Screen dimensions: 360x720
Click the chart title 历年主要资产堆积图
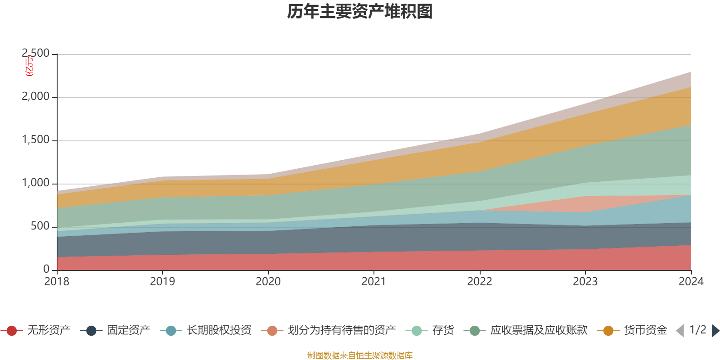click(x=360, y=12)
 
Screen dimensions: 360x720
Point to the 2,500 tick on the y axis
click(x=36, y=54)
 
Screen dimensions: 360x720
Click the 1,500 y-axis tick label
click(x=36, y=140)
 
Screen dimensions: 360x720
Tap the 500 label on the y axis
click(x=40, y=226)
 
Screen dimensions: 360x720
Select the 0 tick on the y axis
click(x=46, y=269)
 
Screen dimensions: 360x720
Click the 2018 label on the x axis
click(x=57, y=282)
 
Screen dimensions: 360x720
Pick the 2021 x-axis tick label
click(x=374, y=282)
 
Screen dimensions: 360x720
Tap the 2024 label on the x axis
click(x=691, y=282)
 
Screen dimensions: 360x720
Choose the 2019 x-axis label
click(x=162, y=282)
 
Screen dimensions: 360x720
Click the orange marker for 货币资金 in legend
click(x=608, y=331)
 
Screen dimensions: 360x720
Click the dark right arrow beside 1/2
click(x=715, y=331)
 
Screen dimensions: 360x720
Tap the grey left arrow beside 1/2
click(x=680, y=331)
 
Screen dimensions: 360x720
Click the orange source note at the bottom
click(x=360, y=355)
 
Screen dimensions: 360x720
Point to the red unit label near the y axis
click(x=29, y=66)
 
